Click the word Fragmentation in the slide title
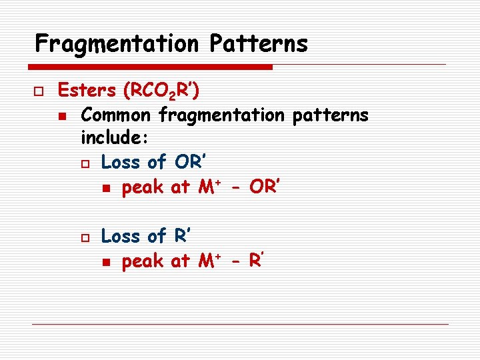point(117,44)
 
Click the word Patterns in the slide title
point(258,44)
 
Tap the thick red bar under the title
point(151,67)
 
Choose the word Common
point(116,115)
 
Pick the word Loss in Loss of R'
point(121,236)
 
